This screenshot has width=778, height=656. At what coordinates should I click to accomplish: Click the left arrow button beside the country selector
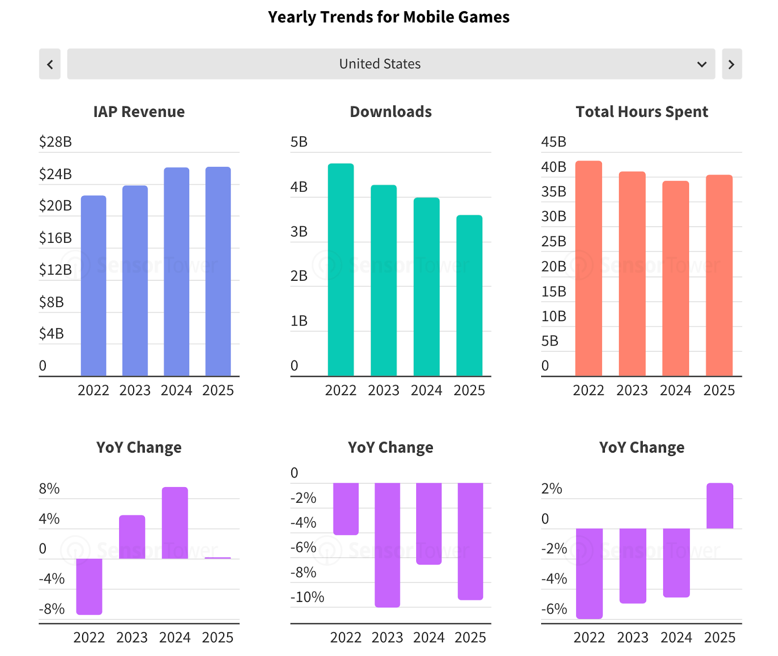tap(50, 64)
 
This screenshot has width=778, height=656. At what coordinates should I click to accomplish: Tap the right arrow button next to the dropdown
tap(731, 64)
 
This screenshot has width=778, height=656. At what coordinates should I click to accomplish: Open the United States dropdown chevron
tap(701, 64)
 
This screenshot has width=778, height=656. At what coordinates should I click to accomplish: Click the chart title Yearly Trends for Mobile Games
tap(389, 17)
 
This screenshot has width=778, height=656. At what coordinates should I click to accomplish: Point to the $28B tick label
tap(55, 142)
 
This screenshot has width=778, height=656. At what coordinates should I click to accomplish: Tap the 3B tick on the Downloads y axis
tap(299, 232)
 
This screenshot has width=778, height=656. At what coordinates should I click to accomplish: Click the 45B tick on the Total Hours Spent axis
tap(553, 142)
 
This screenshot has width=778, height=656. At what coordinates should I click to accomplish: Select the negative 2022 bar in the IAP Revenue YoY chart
tap(89, 586)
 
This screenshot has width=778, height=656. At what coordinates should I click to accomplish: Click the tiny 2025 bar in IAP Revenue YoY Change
tap(218, 558)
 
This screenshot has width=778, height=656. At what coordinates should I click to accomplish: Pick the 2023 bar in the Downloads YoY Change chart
tap(388, 545)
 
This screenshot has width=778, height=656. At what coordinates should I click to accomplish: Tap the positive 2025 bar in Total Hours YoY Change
tap(720, 506)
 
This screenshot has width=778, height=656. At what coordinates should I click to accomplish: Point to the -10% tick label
tap(307, 597)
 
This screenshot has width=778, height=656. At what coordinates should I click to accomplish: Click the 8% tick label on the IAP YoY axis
tap(49, 489)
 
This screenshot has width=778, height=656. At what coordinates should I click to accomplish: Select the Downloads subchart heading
tap(390, 112)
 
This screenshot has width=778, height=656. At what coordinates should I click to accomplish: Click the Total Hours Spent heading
tap(642, 112)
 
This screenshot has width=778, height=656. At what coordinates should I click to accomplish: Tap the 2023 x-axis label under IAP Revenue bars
tap(135, 390)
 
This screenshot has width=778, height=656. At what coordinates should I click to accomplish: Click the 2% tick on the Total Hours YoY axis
tap(551, 489)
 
